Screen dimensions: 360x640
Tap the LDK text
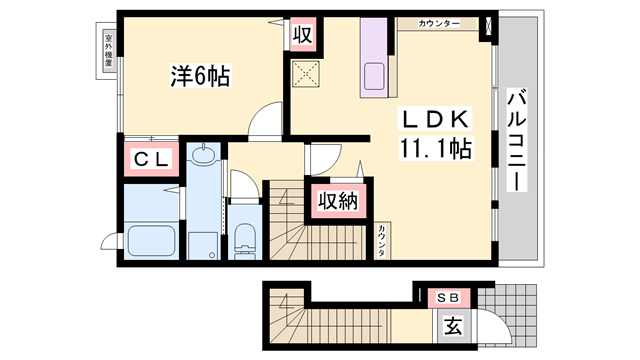coord(433,119)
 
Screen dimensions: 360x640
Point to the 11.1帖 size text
coord(436,149)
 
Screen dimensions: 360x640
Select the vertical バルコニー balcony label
coord(517,140)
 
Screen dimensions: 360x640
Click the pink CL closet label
coord(150,158)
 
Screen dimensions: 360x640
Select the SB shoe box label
coord(448,298)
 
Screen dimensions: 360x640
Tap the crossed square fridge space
coord(302,73)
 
